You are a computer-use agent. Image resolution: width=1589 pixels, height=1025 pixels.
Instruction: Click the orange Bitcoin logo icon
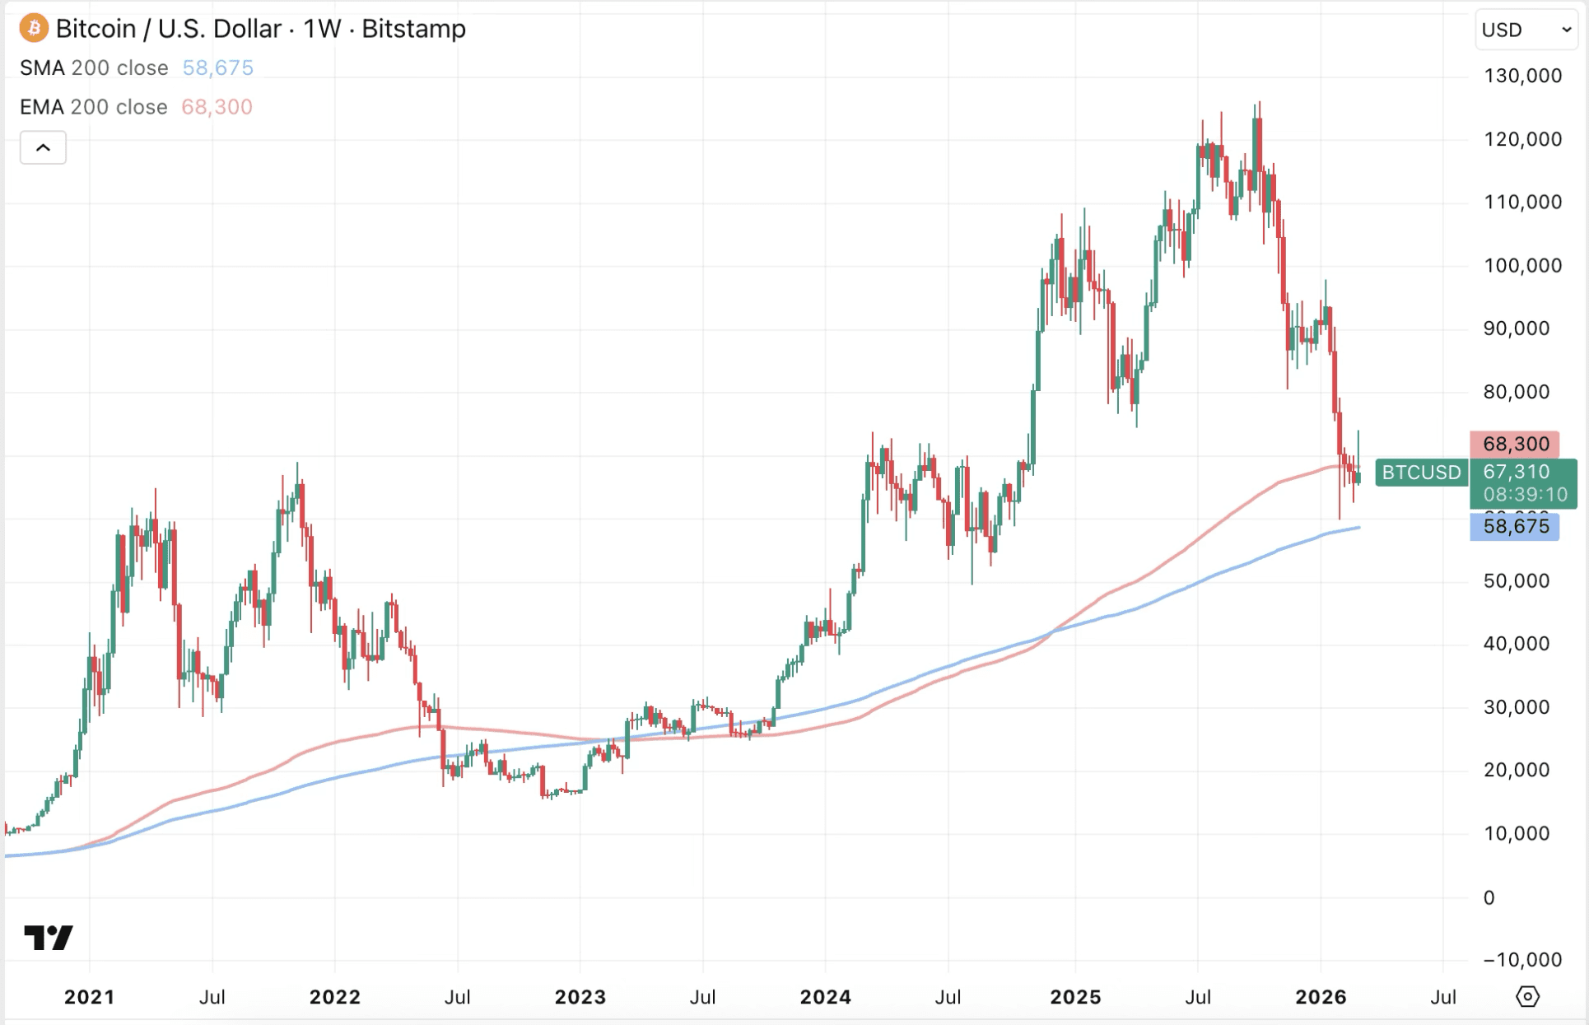34,28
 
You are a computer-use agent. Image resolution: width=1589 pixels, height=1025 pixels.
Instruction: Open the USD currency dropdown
1526,30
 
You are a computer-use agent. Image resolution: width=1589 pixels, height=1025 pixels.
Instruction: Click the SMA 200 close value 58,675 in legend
217,68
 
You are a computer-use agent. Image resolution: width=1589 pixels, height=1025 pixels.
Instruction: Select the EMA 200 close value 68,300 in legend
217,107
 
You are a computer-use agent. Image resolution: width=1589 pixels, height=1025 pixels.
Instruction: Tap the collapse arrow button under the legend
43,148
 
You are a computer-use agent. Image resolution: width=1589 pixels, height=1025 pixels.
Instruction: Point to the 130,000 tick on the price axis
1522,76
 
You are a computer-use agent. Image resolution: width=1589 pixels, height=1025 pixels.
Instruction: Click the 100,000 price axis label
1522,265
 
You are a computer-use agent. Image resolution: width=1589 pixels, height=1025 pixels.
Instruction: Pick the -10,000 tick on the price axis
1522,959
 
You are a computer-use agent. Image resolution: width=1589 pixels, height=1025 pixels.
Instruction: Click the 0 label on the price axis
1489,897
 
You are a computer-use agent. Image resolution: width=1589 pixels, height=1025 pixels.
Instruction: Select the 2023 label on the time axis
580,997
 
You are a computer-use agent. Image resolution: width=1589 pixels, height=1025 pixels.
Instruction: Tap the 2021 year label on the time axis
90,997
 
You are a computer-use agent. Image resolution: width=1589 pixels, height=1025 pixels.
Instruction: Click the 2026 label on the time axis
1321,997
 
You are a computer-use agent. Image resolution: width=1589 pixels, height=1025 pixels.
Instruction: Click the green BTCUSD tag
1421,473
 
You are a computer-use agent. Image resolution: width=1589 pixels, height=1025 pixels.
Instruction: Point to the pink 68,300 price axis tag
1515,444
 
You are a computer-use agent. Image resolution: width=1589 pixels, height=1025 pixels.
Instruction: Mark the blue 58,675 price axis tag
1515,526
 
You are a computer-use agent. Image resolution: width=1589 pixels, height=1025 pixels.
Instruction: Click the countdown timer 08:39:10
1525,495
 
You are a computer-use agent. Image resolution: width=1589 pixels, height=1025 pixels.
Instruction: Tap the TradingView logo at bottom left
49,937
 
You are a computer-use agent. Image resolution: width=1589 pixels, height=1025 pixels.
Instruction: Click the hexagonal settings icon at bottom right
1527,996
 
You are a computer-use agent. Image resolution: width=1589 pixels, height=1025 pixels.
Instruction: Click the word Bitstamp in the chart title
413,29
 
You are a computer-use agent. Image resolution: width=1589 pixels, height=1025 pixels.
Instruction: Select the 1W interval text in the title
322,29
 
